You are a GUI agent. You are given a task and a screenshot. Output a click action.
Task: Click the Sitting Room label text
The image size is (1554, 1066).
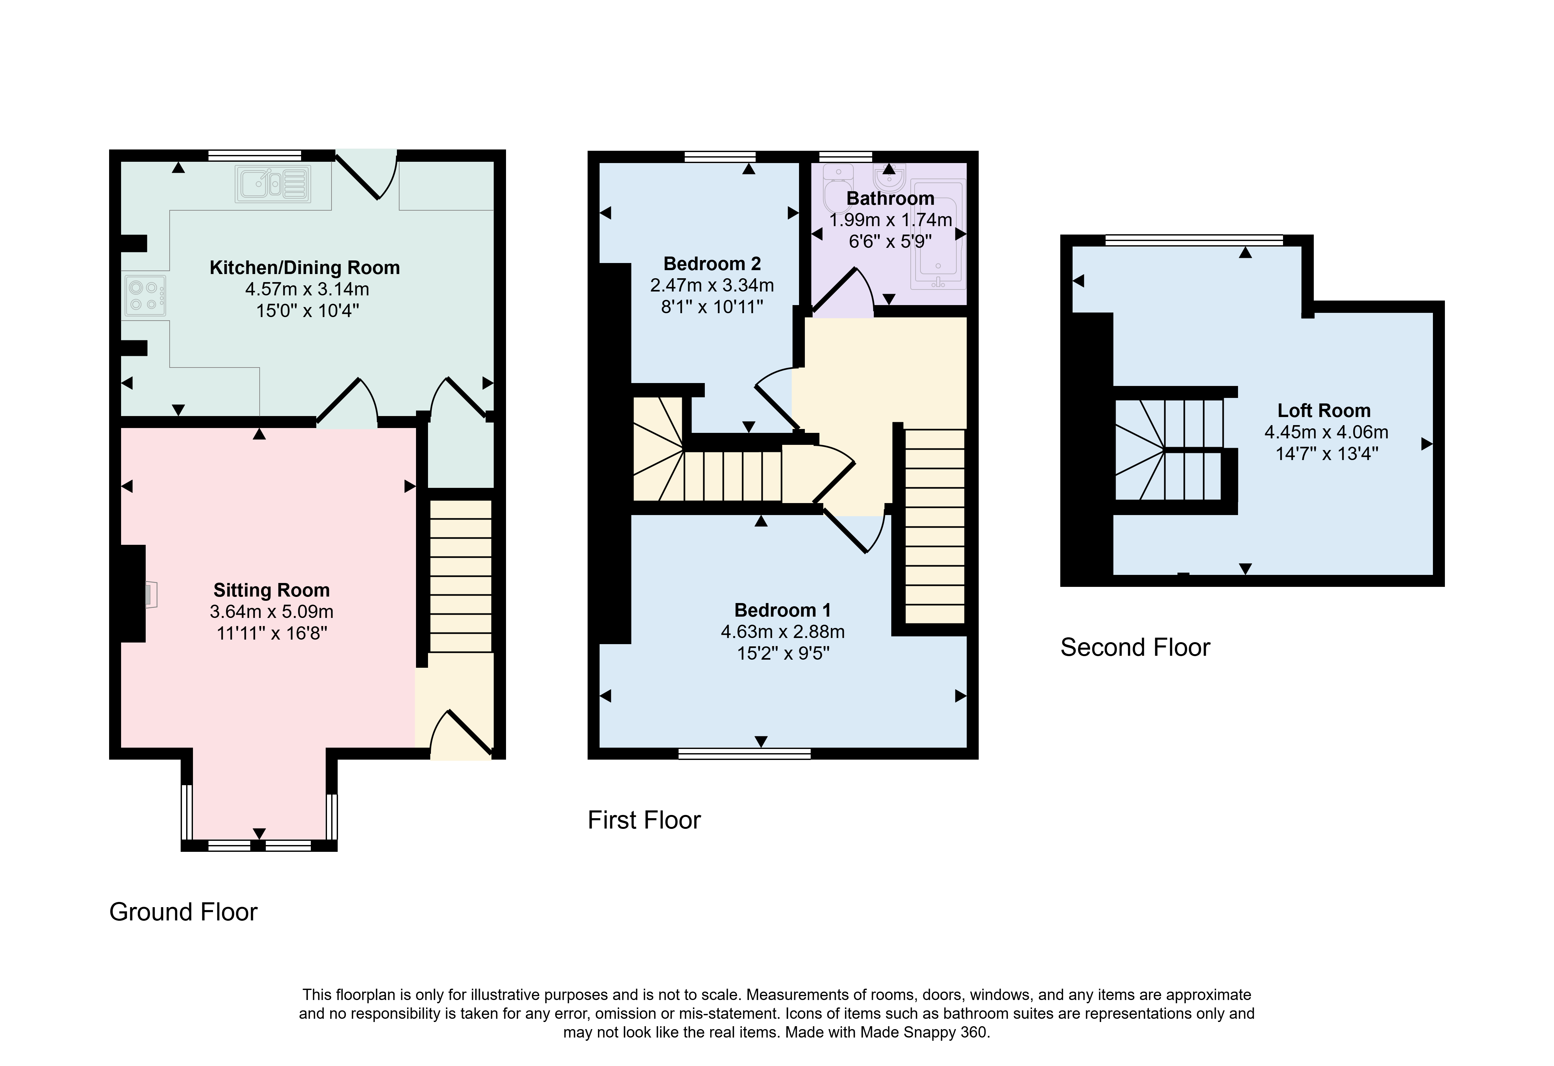(272, 590)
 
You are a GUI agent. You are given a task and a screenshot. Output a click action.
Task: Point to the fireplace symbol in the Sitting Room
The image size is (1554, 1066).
(151, 594)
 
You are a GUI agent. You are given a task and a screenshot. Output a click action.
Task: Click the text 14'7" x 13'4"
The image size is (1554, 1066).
(1327, 454)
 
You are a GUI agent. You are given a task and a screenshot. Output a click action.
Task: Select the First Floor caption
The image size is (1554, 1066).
(644, 820)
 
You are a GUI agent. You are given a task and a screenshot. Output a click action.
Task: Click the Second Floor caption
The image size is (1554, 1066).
(1135, 648)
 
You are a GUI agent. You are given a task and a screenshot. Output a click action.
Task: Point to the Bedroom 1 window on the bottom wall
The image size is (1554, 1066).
(744, 754)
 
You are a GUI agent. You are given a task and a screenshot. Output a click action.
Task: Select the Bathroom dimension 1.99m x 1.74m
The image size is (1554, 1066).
(891, 220)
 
